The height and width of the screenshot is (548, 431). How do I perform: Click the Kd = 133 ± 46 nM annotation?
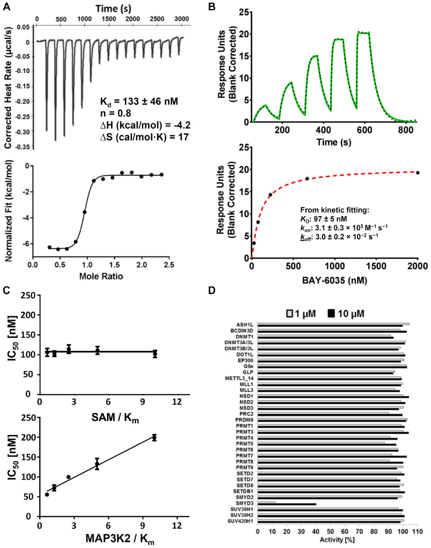[x=139, y=102]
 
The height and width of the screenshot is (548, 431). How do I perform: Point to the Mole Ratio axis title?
[x=101, y=276]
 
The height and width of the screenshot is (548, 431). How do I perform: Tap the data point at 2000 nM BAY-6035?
[x=418, y=173]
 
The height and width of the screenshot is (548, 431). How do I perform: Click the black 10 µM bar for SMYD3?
[x=287, y=497]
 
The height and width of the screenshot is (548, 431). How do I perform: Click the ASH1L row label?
[x=245, y=325]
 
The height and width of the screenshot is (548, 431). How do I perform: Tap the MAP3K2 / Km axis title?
[x=120, y=538]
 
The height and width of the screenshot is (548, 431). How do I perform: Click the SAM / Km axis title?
[x=115, y=418]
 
